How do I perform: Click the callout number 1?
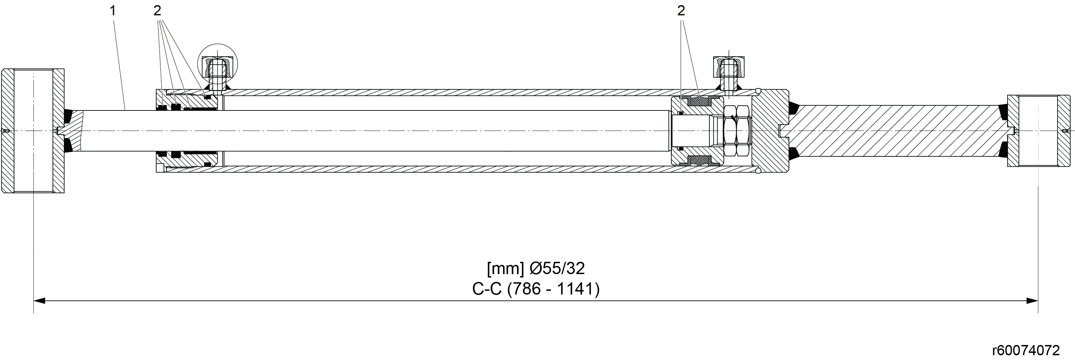point(112,11)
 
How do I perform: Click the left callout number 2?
point(157,11)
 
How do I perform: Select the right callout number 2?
point(681,11)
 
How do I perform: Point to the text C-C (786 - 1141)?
point(536,289)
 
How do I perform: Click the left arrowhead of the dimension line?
point(39,301)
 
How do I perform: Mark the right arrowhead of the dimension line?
point(1032,301)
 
